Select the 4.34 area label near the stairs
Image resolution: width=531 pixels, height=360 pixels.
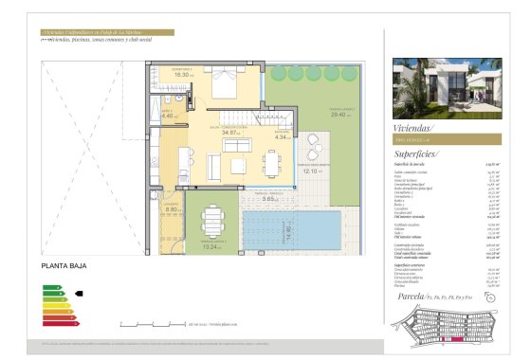coord(281,138)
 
